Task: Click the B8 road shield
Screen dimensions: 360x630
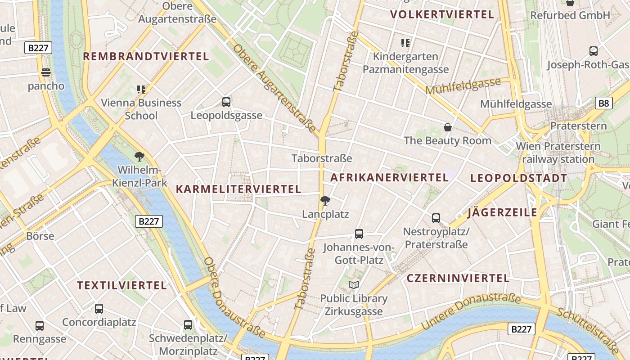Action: point(603,103)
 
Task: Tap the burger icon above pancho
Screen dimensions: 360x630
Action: point(45,72)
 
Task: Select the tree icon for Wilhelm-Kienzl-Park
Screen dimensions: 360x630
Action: point(139,157)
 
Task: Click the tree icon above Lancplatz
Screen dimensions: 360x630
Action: point(325,201)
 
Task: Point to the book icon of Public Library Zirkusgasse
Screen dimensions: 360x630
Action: point(354,285)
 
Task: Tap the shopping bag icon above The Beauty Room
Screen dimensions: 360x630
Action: point(447,127)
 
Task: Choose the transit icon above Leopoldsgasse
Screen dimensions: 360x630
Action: point(226,102)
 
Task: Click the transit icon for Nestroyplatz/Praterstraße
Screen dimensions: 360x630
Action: point(436,218)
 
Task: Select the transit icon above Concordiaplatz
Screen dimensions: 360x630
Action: point(99,309)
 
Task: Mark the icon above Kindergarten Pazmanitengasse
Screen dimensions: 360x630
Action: point(405,43)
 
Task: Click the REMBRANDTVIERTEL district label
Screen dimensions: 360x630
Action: point(146,56)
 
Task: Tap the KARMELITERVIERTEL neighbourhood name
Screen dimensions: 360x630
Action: point(238,189)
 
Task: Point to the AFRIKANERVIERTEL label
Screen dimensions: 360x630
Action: point(389,177)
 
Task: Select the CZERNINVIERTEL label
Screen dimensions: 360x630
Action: point(458,278)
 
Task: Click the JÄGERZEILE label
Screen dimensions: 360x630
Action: point(503,212)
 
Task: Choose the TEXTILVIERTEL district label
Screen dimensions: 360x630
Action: point(122,285)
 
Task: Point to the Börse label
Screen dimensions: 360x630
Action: point(40,236)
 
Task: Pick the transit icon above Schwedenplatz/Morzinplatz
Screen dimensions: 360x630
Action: point(188,324)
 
